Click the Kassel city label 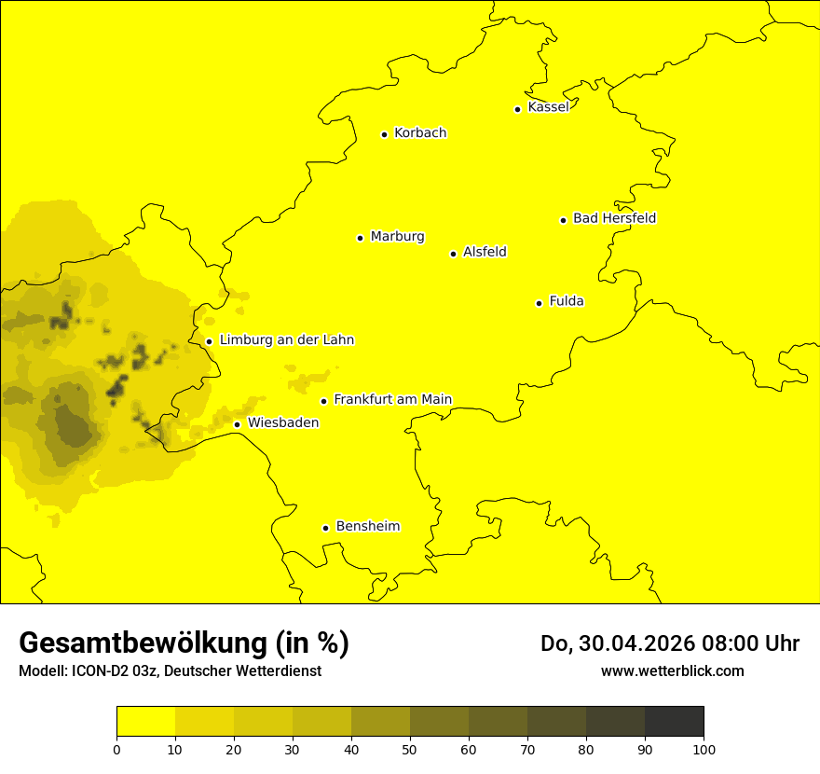[548, 107]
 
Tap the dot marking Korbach [384, 134]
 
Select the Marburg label [397, 237]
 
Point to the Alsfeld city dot [453, 254]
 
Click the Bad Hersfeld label [614, 218]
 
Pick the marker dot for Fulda [539, 303]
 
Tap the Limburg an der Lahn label [286, 340]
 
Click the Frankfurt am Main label [392, 400]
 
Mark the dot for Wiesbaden [237, 425]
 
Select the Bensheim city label [367, 527]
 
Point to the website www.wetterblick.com [672, 670]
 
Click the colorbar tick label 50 [410, 749]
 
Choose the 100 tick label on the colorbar [704, 749]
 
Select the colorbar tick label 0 [116, 749]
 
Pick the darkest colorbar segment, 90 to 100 [674, 722]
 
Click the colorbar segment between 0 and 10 [145, 722]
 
